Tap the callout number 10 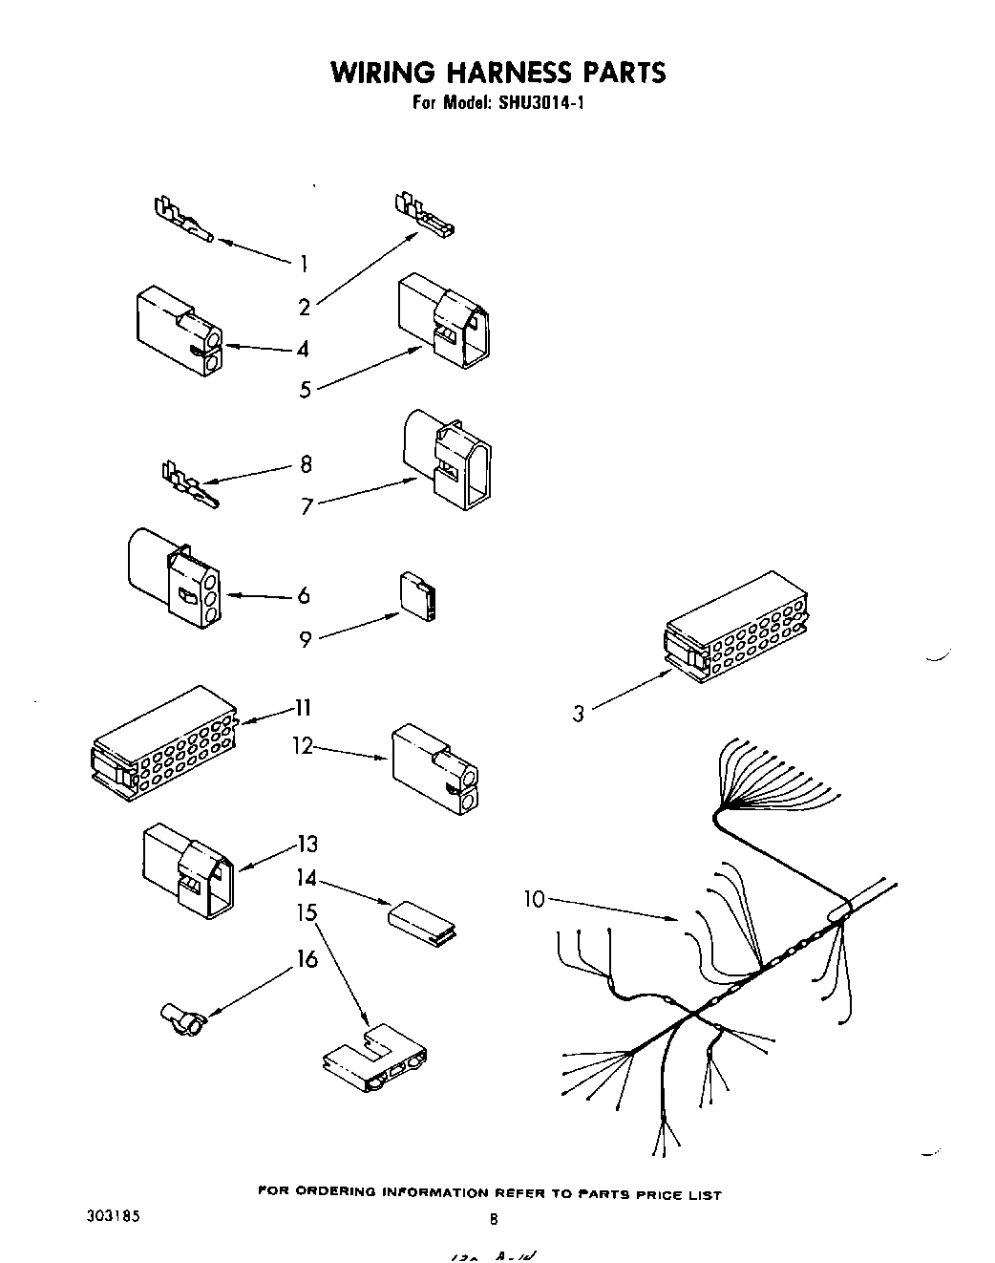535,899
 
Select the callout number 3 579,713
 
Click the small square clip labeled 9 417,597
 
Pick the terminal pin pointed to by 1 182,221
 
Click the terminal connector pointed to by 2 423,216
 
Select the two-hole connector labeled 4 180,330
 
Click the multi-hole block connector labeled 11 164,742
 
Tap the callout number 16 307,958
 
